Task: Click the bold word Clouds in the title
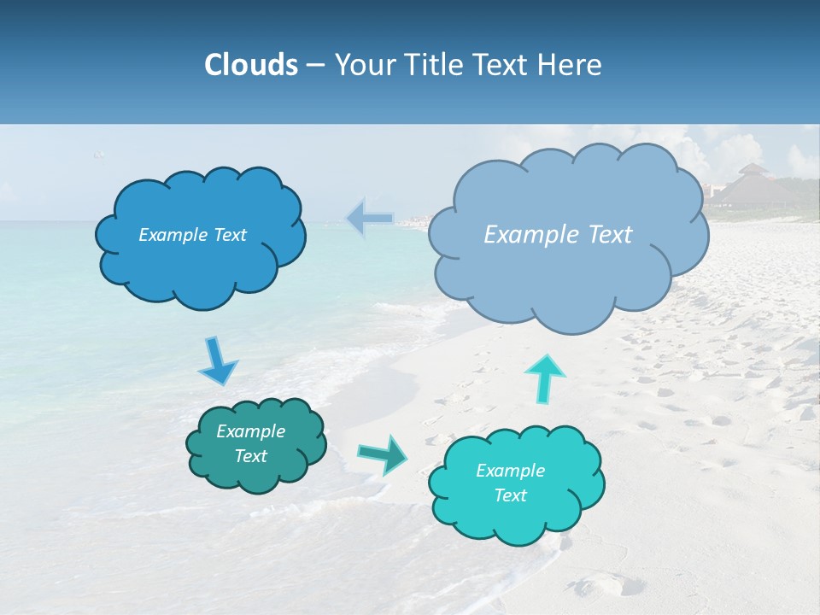[x=251, y=65]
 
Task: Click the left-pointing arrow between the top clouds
[x=369, y=219]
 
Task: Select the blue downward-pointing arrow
[x=217, y=362]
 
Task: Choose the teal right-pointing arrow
[x=383, y=454]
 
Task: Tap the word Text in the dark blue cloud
[x=229, y=235]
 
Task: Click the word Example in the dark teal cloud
[x=251, y=431]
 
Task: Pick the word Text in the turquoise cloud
[x=511, y=495]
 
